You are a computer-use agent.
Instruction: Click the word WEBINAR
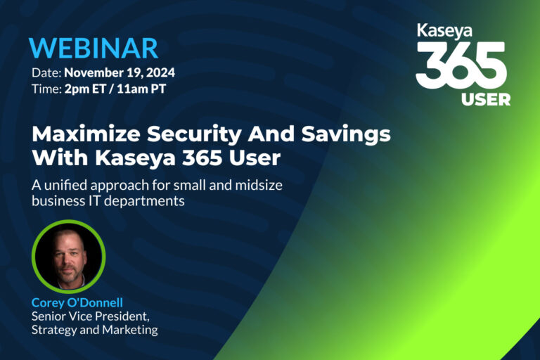[x=94, y=48]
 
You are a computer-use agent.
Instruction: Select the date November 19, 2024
[x=120, y=72]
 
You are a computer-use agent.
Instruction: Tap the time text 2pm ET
[x=84, y=89]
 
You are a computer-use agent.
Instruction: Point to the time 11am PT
[x=141, y=89]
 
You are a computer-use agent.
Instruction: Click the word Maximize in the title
[x=86, y=134]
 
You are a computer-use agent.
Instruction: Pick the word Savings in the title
[x=346, y=135]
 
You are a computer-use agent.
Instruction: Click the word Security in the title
[x=194, y=135]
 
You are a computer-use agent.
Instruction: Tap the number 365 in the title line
[x=202, y=157]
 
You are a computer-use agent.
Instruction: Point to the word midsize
[x=259, y=185]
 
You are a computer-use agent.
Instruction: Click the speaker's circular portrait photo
[x=68, y=257]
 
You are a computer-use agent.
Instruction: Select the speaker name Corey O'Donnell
[x=77, y=302]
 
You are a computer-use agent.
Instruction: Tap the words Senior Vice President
[x=90, y=316]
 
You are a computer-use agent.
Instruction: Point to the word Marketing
[x=130, y=330]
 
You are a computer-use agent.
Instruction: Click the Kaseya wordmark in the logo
[x=444, y=31]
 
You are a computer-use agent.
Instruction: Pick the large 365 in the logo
[x=461, y=66]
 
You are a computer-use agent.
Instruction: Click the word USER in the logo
[x=486, y=100]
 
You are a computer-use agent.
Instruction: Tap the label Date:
[x=46, y=72]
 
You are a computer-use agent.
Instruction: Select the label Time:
[x=46, y=89]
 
